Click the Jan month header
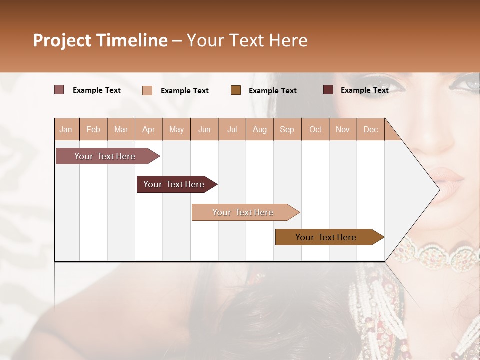coord(66,129)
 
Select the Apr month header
coord(149,129)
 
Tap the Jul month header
coord(232,129)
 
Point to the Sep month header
coord(287,129)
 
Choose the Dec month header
coord(370,129)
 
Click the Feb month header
coord(93,129)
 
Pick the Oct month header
coord(315,129)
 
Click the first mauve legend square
coord(59,90)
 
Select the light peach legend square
coord(147,90)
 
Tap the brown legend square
coord(236,90)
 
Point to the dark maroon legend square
coord(328,90)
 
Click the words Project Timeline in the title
coord(100,40)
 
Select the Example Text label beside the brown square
coord(272,91)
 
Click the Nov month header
coord(343,129)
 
